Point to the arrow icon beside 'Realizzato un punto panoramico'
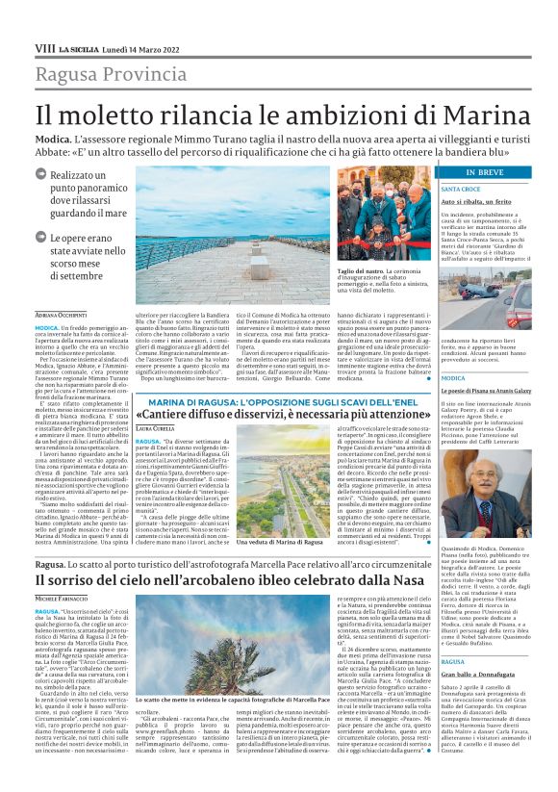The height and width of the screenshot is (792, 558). tap(40, 174)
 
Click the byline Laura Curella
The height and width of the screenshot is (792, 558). tap(155, 427)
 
